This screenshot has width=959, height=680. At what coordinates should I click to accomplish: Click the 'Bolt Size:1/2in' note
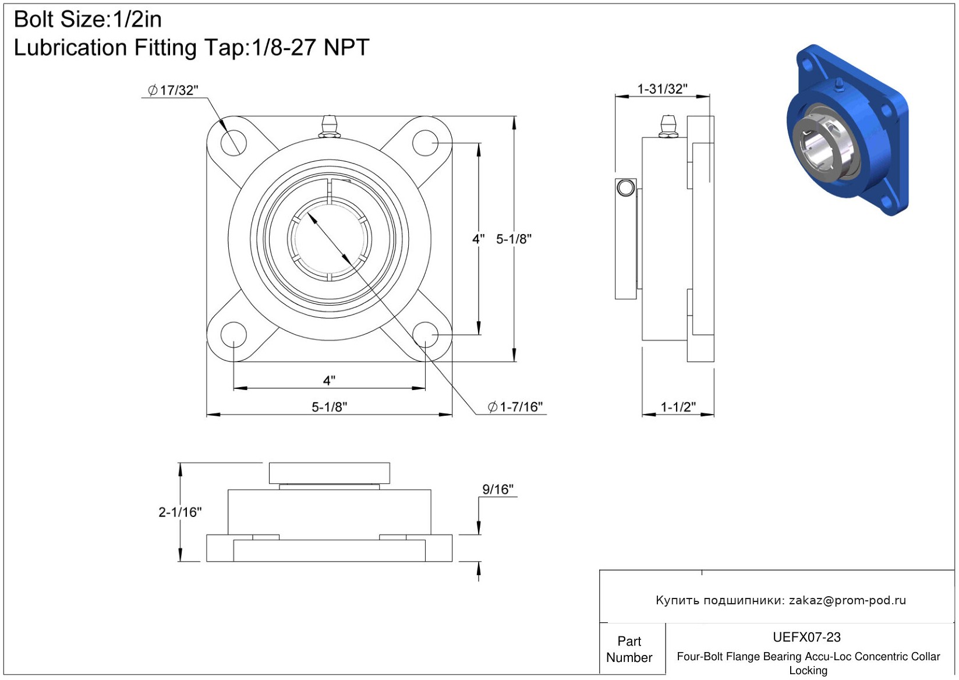[x=88, y=20]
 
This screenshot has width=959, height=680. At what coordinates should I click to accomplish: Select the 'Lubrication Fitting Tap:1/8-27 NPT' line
[x=192, y=48]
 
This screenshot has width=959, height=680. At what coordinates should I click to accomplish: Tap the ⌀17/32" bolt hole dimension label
[x=174, y=90]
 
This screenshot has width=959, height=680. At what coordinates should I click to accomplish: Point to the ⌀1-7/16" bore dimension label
[x=515, y=406]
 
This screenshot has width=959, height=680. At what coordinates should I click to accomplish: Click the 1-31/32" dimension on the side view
[x=662, y=89]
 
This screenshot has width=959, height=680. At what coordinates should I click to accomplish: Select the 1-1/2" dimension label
[x=678, y=406]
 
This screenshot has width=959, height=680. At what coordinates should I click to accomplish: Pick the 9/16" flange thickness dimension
[x=498, y=489]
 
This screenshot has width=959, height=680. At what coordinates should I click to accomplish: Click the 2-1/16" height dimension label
[x=180, y=512]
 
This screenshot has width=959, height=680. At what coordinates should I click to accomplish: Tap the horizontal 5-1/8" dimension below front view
[x=329, y=406]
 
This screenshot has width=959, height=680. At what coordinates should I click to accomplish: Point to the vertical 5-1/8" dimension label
[x=514, y=239]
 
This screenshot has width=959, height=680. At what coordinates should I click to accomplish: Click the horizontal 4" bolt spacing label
[x=329, y=380]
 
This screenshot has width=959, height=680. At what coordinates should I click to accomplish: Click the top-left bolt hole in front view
[x=233, y=143]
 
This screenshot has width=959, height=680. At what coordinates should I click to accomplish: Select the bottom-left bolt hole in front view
[x=233, y=335]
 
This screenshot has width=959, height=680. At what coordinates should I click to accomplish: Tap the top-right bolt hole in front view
[x=425, y=143]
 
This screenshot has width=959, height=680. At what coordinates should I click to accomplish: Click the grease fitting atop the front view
[x=329, y=127]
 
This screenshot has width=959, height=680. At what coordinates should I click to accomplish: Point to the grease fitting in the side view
[x=667, y=127]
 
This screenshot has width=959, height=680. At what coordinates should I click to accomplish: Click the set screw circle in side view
[x=625, y=187]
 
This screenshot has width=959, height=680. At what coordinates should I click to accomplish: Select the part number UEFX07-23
[x=806, y=637]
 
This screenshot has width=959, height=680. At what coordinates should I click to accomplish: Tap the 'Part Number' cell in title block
[x=629, y=649]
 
